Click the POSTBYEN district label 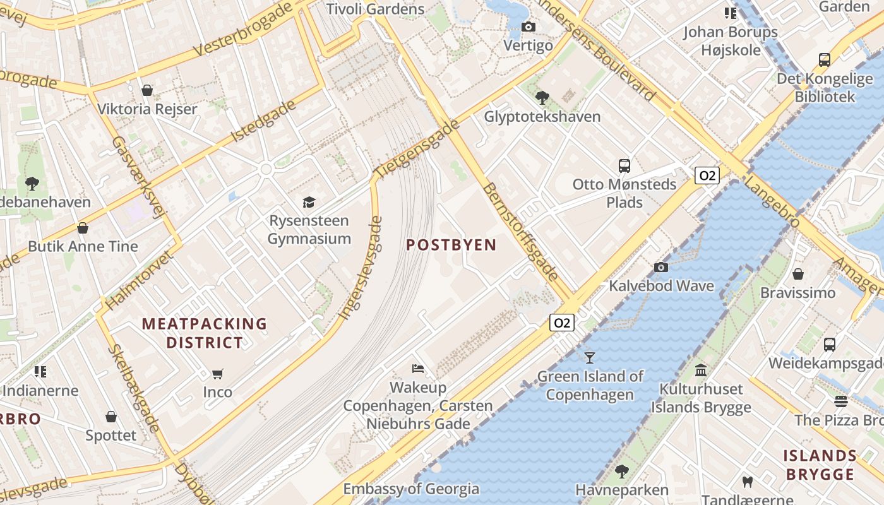(451, 245)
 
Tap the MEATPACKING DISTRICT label (204, 333)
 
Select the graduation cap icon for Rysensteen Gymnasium (309, 202)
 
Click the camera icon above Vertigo (529, 27)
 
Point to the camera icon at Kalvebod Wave (661, 267)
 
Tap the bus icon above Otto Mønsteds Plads (624, 166)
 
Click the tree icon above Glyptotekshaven (542, 97)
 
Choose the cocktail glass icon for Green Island (590, 358)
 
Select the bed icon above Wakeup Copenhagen (418, 369)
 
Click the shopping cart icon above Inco (218, 374)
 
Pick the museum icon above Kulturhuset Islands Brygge (701, 370)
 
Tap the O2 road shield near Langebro (707, 175)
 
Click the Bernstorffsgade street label (520, 232)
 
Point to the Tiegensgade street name (416, 148)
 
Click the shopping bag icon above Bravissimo (798, 274)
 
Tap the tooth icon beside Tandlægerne (748, 482)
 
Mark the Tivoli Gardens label (375, 9)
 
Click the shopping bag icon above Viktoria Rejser (147, 90)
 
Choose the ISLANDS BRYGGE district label (820, 465)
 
